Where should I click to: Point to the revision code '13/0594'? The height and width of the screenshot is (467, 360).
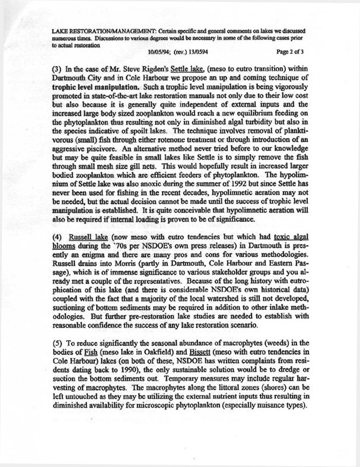coord(189,52)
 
